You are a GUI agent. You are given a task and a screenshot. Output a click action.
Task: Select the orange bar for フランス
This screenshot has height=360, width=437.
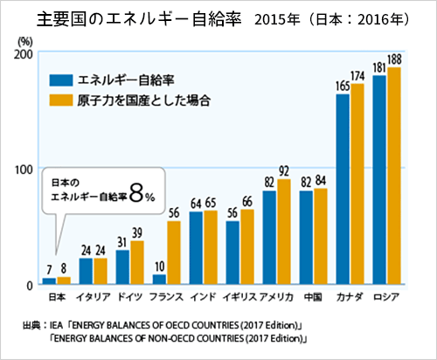[x=174, y=253]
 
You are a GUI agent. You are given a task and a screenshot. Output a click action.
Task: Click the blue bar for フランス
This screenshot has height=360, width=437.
[x=159, y=279]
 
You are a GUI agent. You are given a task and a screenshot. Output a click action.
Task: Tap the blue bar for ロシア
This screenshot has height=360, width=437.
[x=379, y=180]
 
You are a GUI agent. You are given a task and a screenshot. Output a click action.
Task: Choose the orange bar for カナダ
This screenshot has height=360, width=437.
[x=356, y=184]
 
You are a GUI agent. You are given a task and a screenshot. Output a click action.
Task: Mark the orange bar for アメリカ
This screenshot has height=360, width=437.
[x=283, y=232]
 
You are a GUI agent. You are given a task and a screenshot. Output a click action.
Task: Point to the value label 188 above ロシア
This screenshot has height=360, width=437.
[x=395, y=59]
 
